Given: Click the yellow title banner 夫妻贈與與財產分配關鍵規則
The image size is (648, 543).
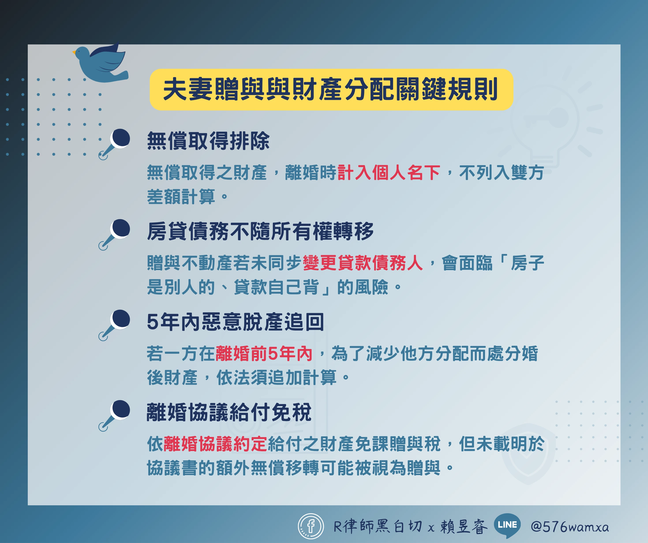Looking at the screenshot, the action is click(x=331, y=90).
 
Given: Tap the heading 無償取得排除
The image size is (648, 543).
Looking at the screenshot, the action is click(x=208, y=141).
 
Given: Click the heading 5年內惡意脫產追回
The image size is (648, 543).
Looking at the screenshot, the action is click(x=235, y=322).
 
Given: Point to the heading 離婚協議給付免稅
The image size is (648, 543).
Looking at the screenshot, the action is click(x=229, y=412).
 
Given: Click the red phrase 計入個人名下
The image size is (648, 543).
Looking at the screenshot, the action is click(x=389, y=172).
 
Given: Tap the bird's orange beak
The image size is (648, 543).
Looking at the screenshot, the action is click(x=74, y=52).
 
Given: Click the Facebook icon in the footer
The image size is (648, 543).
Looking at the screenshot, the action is click(x=311, y=526).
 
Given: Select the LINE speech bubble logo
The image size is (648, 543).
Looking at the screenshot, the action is click(x=507, y=525).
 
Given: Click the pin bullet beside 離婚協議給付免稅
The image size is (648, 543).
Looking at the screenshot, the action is click(x=114, y=416).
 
